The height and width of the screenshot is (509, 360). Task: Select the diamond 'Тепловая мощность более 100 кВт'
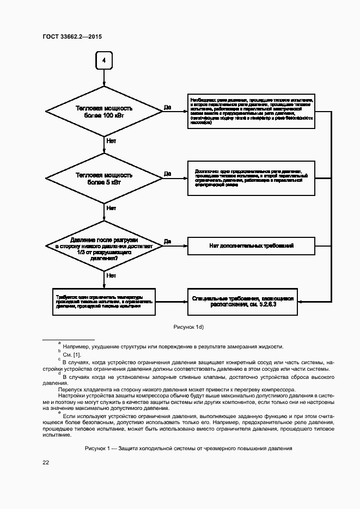click(x=104, y=112)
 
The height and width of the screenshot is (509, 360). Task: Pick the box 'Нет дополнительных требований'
click(x=251, y=246)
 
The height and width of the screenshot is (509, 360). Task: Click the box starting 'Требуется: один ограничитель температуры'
click(x=104, y=302)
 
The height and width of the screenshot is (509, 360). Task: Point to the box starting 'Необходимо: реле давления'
click(x=251, y=112)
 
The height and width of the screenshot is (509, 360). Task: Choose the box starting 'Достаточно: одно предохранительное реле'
click(x=251, y=178)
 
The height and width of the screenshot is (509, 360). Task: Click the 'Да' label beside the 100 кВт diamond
click(x=167, y=108)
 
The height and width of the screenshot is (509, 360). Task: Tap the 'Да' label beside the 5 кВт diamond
click(x=167, y=174)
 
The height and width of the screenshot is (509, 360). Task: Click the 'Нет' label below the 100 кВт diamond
click(x=111, y=140)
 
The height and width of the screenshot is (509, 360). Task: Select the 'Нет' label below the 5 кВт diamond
click(x=111, y=207)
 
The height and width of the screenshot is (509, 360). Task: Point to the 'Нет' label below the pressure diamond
click(x=111, y=275)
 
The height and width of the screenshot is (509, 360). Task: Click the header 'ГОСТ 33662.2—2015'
click(x=72, y=37)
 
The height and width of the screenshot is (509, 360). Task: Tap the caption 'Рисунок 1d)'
click(x=188, y=326)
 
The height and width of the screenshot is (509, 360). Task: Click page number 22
click(x=46, y=462)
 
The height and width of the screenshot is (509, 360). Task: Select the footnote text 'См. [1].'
click(x=72, y=354)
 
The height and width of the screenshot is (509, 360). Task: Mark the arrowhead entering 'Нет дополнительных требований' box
click(x=185, y=246)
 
